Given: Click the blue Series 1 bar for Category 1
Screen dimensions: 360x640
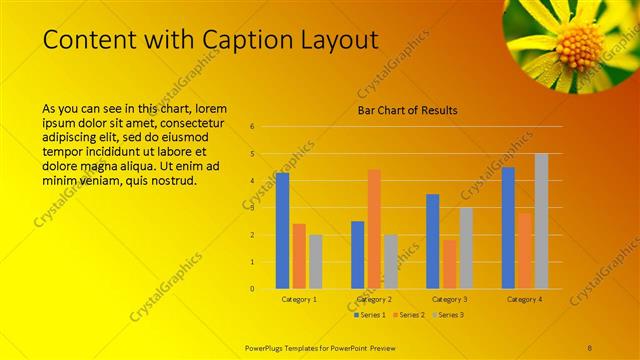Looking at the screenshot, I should [282, 230].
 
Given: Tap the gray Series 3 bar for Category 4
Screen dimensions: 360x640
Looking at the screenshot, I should [541, 221].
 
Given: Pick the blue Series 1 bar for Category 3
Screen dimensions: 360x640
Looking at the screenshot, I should [433, 241].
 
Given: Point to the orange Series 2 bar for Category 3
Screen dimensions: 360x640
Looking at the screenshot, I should [449, 264].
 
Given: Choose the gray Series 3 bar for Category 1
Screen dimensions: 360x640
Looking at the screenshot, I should [315, 261].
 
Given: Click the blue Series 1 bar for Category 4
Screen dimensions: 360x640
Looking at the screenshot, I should [508, 227].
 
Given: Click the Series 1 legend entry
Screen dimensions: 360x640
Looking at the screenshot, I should [369, 315].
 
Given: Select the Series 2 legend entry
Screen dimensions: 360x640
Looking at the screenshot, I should [409, 315].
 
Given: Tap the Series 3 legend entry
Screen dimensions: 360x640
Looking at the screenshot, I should [449, 315].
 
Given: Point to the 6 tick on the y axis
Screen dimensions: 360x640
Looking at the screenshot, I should [253, 127].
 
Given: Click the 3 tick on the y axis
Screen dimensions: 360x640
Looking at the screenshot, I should [253, 208].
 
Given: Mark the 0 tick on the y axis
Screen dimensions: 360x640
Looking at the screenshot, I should [253, 289].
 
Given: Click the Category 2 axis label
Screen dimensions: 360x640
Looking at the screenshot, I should [375, 299].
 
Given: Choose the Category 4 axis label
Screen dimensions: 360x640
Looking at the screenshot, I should [525, 299].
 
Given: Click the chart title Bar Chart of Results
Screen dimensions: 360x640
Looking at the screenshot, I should [408, 110].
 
